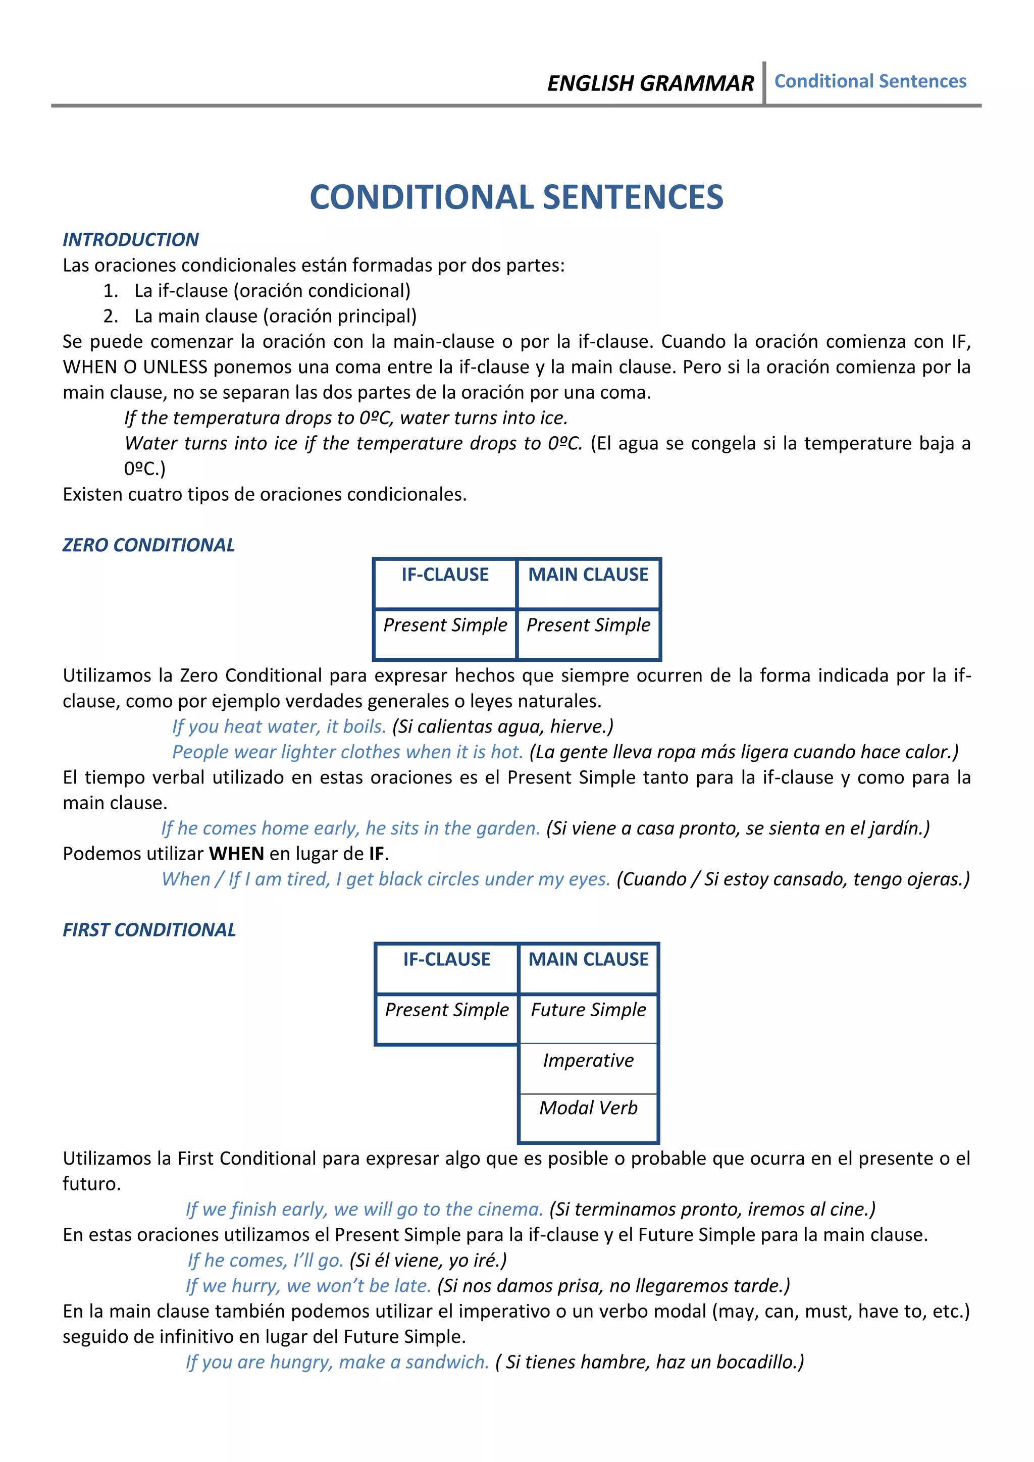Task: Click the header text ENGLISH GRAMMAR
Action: point(650,83)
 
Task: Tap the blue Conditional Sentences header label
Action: point(870,81)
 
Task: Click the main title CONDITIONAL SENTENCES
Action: point(516,197)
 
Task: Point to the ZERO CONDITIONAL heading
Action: point(148,545)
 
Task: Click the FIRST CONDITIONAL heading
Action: point(149,930)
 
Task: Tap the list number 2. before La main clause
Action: point(110,316)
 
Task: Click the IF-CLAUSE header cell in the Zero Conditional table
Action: point(444,575)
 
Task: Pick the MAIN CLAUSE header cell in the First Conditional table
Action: point(588,960)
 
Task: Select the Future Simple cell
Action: point(588,1010)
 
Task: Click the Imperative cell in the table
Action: point(588,1060)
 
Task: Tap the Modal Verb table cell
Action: point(588,1108)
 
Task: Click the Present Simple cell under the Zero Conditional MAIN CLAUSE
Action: point(588,625)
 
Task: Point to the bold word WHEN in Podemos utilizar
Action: point(236,853)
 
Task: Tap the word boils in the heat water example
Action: point(364,726)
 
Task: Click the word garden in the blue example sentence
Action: point(509,828)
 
